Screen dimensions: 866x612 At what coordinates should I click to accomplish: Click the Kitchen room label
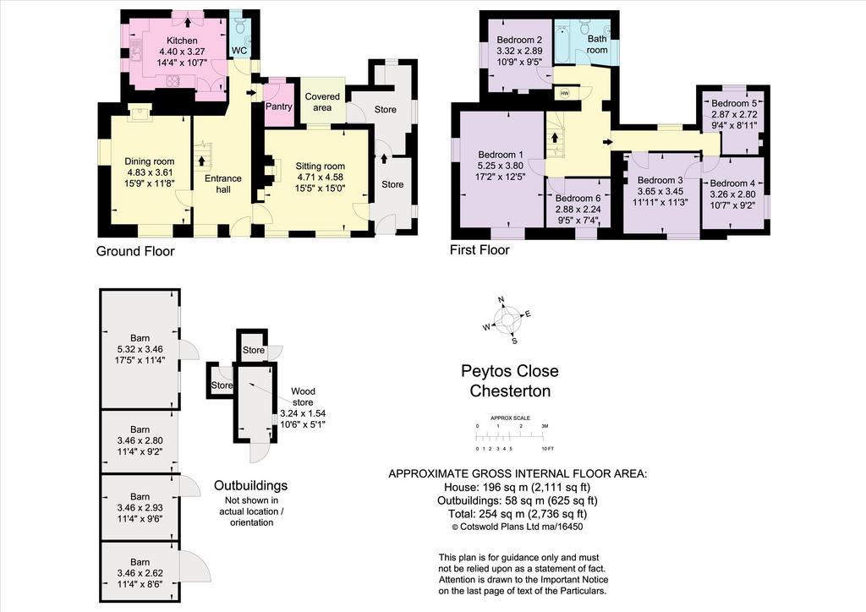point(182,41)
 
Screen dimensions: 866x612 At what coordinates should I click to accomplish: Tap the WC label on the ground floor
point(239,50)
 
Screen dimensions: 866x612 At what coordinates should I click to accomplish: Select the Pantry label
point(278,106)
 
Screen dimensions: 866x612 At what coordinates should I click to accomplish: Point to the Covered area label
point(322,101)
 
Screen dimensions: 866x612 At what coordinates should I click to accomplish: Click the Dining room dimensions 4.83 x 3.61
point(149,172)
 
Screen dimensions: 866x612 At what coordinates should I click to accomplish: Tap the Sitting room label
point(321,167)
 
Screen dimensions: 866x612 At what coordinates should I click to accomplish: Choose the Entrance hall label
point(223,183)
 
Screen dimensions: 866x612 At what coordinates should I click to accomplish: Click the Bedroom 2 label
point(519,40)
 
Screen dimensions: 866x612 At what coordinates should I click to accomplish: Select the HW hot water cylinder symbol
point(564,93)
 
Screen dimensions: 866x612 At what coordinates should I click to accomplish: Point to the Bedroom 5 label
point(734,103)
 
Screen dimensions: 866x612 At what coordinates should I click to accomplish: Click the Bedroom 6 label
point(578,198)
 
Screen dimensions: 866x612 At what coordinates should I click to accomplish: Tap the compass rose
point(507,320)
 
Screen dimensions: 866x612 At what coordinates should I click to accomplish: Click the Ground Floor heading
point(135,251)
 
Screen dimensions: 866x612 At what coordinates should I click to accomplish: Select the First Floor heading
point(480,250)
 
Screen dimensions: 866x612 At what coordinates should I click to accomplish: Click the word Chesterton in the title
point(510,391)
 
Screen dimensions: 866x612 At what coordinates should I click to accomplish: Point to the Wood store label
point(304,396)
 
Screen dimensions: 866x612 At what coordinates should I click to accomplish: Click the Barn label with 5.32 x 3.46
point(140,338)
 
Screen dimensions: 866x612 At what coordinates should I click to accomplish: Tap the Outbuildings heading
point(250,485)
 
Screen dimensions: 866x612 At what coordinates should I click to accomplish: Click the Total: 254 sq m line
point(517,514)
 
